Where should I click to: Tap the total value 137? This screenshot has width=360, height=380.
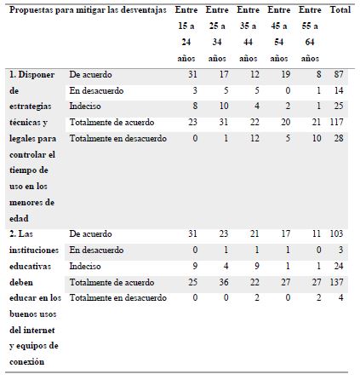coord(340,280)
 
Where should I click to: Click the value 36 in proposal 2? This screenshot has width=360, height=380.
coord(225,280)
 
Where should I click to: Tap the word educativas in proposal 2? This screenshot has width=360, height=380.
coord(33,265)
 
